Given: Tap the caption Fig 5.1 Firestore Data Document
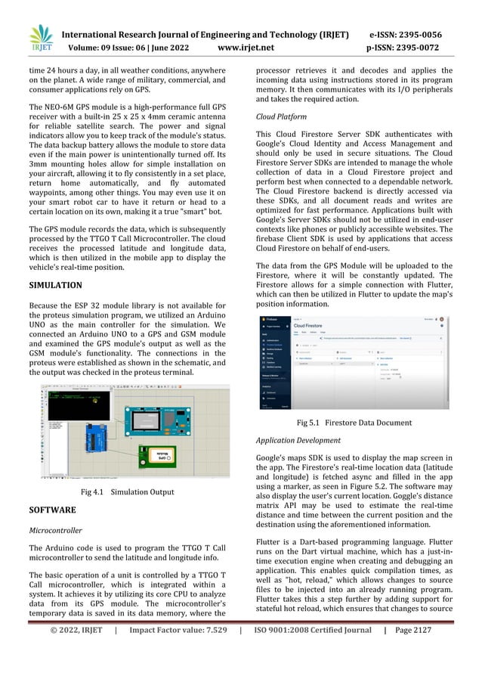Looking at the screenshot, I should point(354,423).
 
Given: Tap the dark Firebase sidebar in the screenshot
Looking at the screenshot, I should point(276,363).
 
